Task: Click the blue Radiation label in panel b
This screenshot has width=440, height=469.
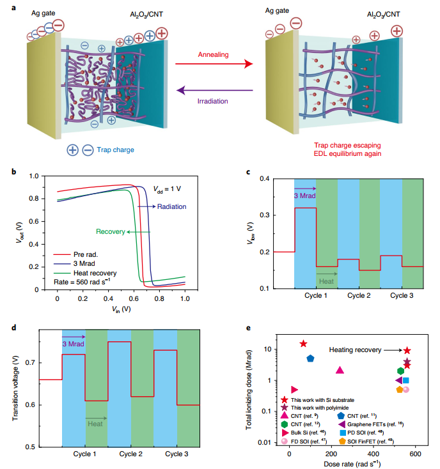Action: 172,206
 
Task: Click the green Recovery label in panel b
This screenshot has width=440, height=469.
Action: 109,231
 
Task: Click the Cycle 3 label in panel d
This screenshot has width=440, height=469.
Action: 177,454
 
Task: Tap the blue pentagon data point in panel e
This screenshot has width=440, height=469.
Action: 310,358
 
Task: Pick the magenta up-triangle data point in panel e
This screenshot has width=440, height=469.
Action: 340,370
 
